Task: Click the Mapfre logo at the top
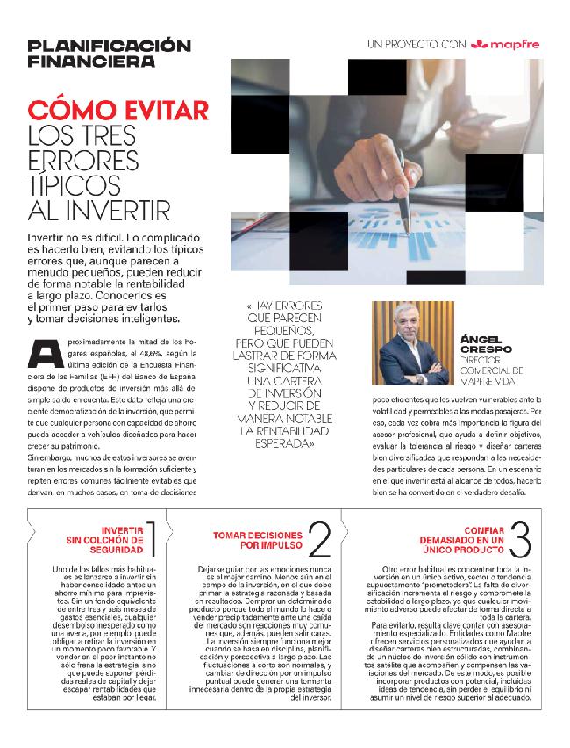tap(508, 43)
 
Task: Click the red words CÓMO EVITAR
tap(118, 111)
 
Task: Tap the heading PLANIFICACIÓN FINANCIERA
tap(109, 53)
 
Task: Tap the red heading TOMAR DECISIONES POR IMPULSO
tap(257, 540)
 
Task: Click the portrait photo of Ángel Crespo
tap(410, 343)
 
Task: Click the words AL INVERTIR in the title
tap(98, 211)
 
